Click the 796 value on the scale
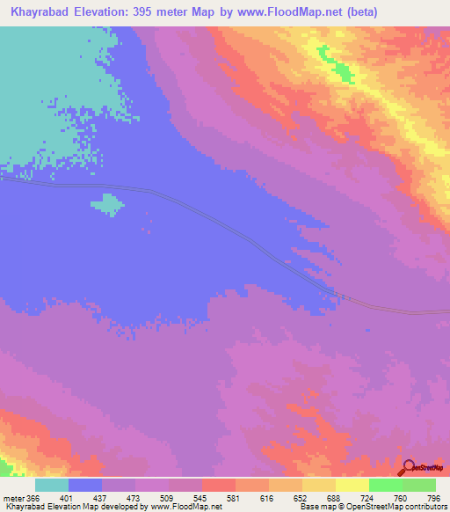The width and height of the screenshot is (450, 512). tap(434, 499)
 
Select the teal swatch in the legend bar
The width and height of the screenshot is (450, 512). tap(52, 485)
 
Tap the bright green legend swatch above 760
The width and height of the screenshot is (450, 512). tap(386, 485)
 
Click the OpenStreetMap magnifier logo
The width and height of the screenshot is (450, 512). tap(407, 466)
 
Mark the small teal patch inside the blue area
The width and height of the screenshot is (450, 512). tap(107, 204)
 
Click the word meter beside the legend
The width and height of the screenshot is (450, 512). tap(12, 499)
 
